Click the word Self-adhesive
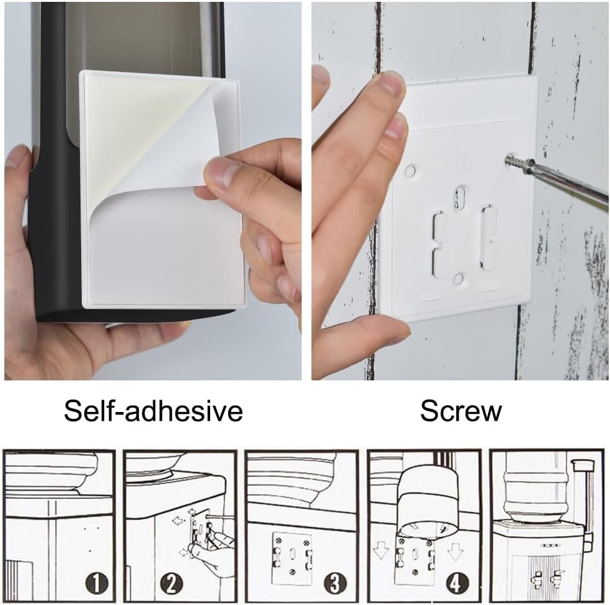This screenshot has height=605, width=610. coord(153,411)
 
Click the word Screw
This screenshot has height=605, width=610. coord(461,411)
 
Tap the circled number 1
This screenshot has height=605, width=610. coord(97,583)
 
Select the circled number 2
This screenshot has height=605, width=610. coord(172,583)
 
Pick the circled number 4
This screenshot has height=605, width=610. coord(456,583)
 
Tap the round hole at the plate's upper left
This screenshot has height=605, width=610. coord(410,171)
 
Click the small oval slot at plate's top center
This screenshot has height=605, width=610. coord(460,197)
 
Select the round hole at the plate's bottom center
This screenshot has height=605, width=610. coord(459,279)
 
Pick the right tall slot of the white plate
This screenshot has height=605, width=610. coord(488,238)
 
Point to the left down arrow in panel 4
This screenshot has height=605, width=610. coord(381,550)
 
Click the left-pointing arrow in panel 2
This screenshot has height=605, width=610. coord(178,521)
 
